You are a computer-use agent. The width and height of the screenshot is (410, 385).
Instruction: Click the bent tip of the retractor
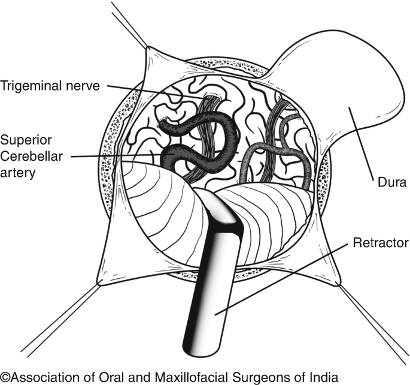pyautogui.click(x=221, y=210)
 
